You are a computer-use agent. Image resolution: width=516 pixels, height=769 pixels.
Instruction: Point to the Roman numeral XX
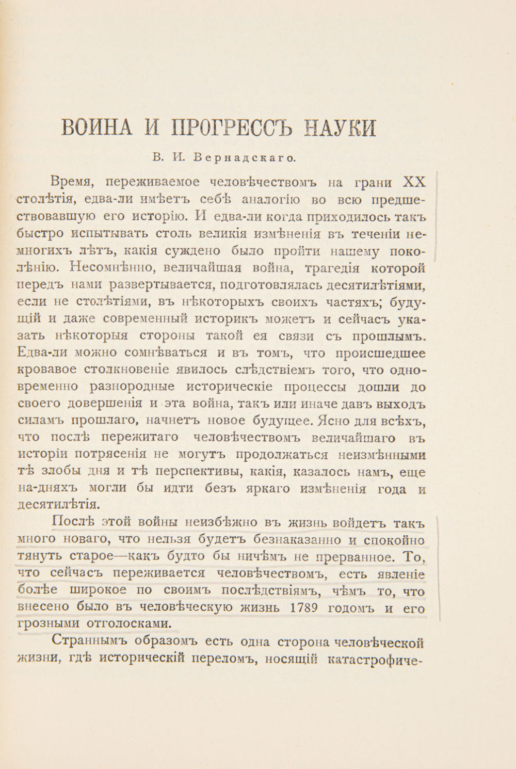(414, 183)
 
